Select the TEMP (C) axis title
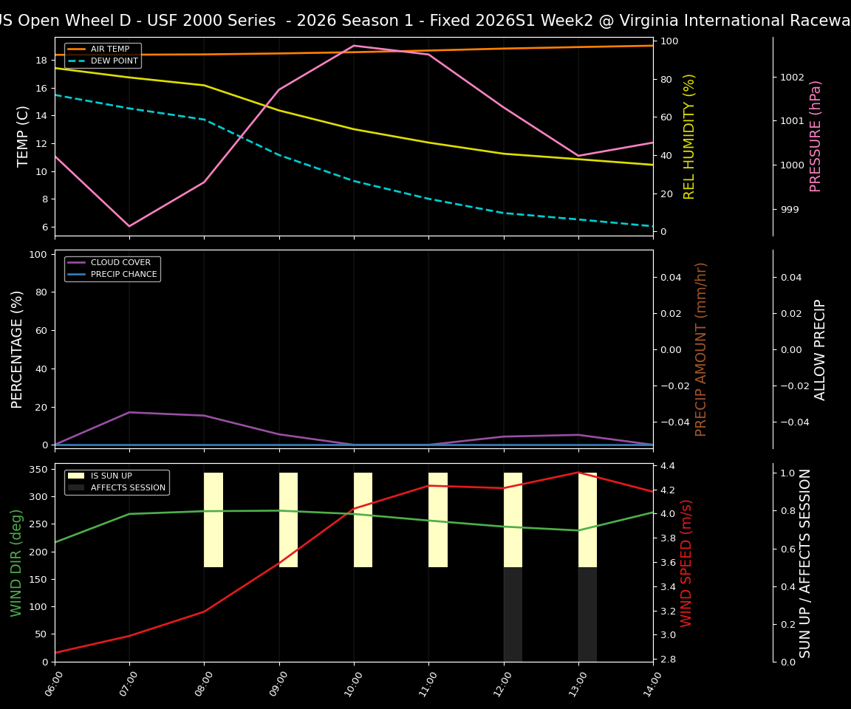23,136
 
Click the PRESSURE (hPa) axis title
816,136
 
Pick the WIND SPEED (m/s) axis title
687,563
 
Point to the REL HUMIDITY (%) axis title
689,136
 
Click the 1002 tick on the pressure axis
792,77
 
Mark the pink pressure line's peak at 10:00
354,46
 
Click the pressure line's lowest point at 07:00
129,226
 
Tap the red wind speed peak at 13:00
578,473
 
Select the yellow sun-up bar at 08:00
213,520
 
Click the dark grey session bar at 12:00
513,614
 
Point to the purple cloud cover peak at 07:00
129,412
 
